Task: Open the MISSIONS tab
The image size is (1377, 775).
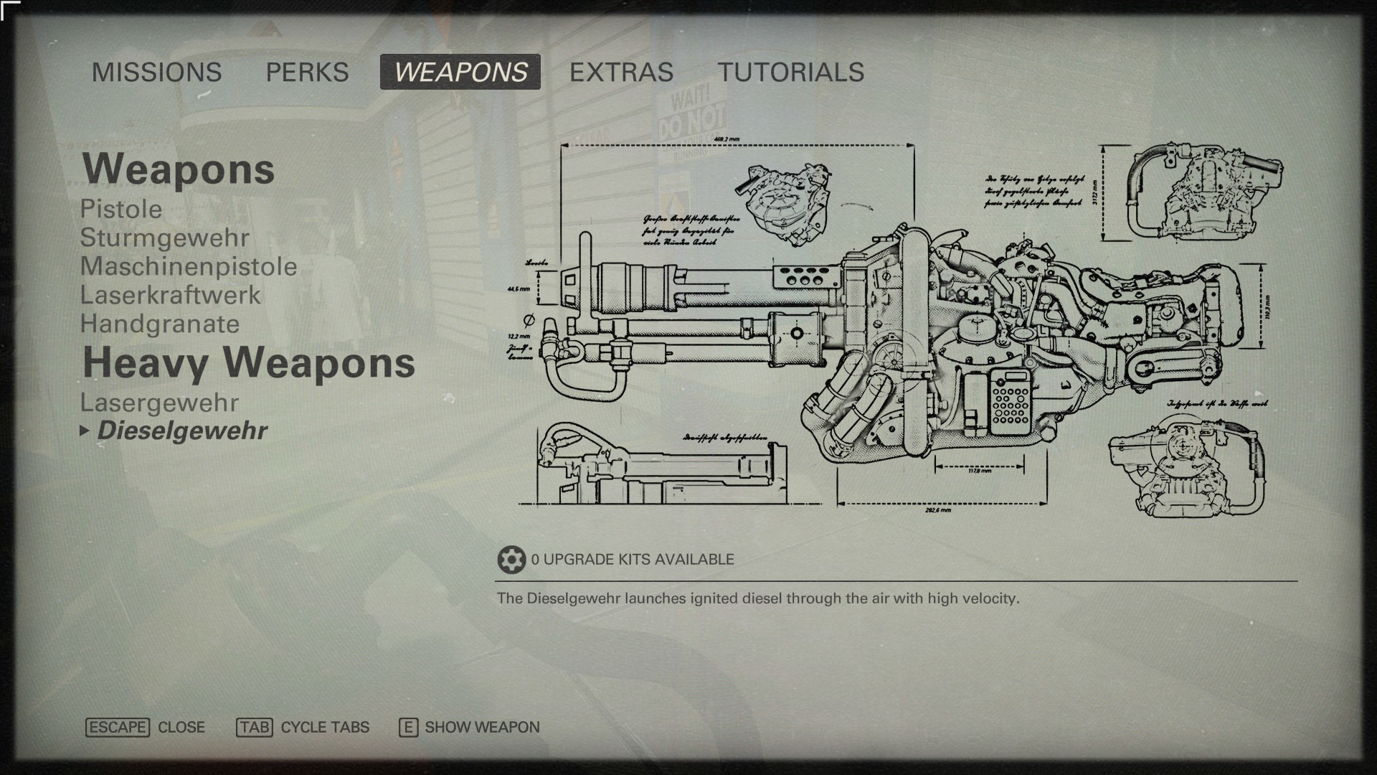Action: click(156, 72)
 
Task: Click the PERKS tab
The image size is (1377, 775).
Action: click(307, 72)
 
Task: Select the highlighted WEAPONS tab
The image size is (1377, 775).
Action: click(460, 72)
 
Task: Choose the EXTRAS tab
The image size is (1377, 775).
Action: click(621, 72)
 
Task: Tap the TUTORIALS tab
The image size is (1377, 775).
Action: click(791, 72)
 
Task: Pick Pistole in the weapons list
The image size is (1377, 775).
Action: click(121, 210)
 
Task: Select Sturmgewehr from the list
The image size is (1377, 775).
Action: click(165, 238)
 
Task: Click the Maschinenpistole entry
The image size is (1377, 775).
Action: click(189, 267)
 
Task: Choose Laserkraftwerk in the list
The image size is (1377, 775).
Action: click(171, 296)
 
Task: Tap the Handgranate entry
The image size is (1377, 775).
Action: click(160, 324)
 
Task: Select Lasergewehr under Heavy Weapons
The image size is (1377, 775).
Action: click(159, 403)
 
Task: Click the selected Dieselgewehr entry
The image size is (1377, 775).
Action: click(182, 431)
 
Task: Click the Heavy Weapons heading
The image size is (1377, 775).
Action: click(249, 363)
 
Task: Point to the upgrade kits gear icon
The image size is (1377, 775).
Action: click(511, 560)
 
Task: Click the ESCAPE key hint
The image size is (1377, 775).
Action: click(118, 728)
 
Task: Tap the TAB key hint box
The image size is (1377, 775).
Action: click(255, 728)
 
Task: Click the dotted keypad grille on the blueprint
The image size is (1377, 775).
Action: click(1009, 402)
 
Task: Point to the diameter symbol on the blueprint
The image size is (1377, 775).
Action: click(529, 319)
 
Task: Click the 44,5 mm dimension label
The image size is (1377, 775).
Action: click(519, 289)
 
